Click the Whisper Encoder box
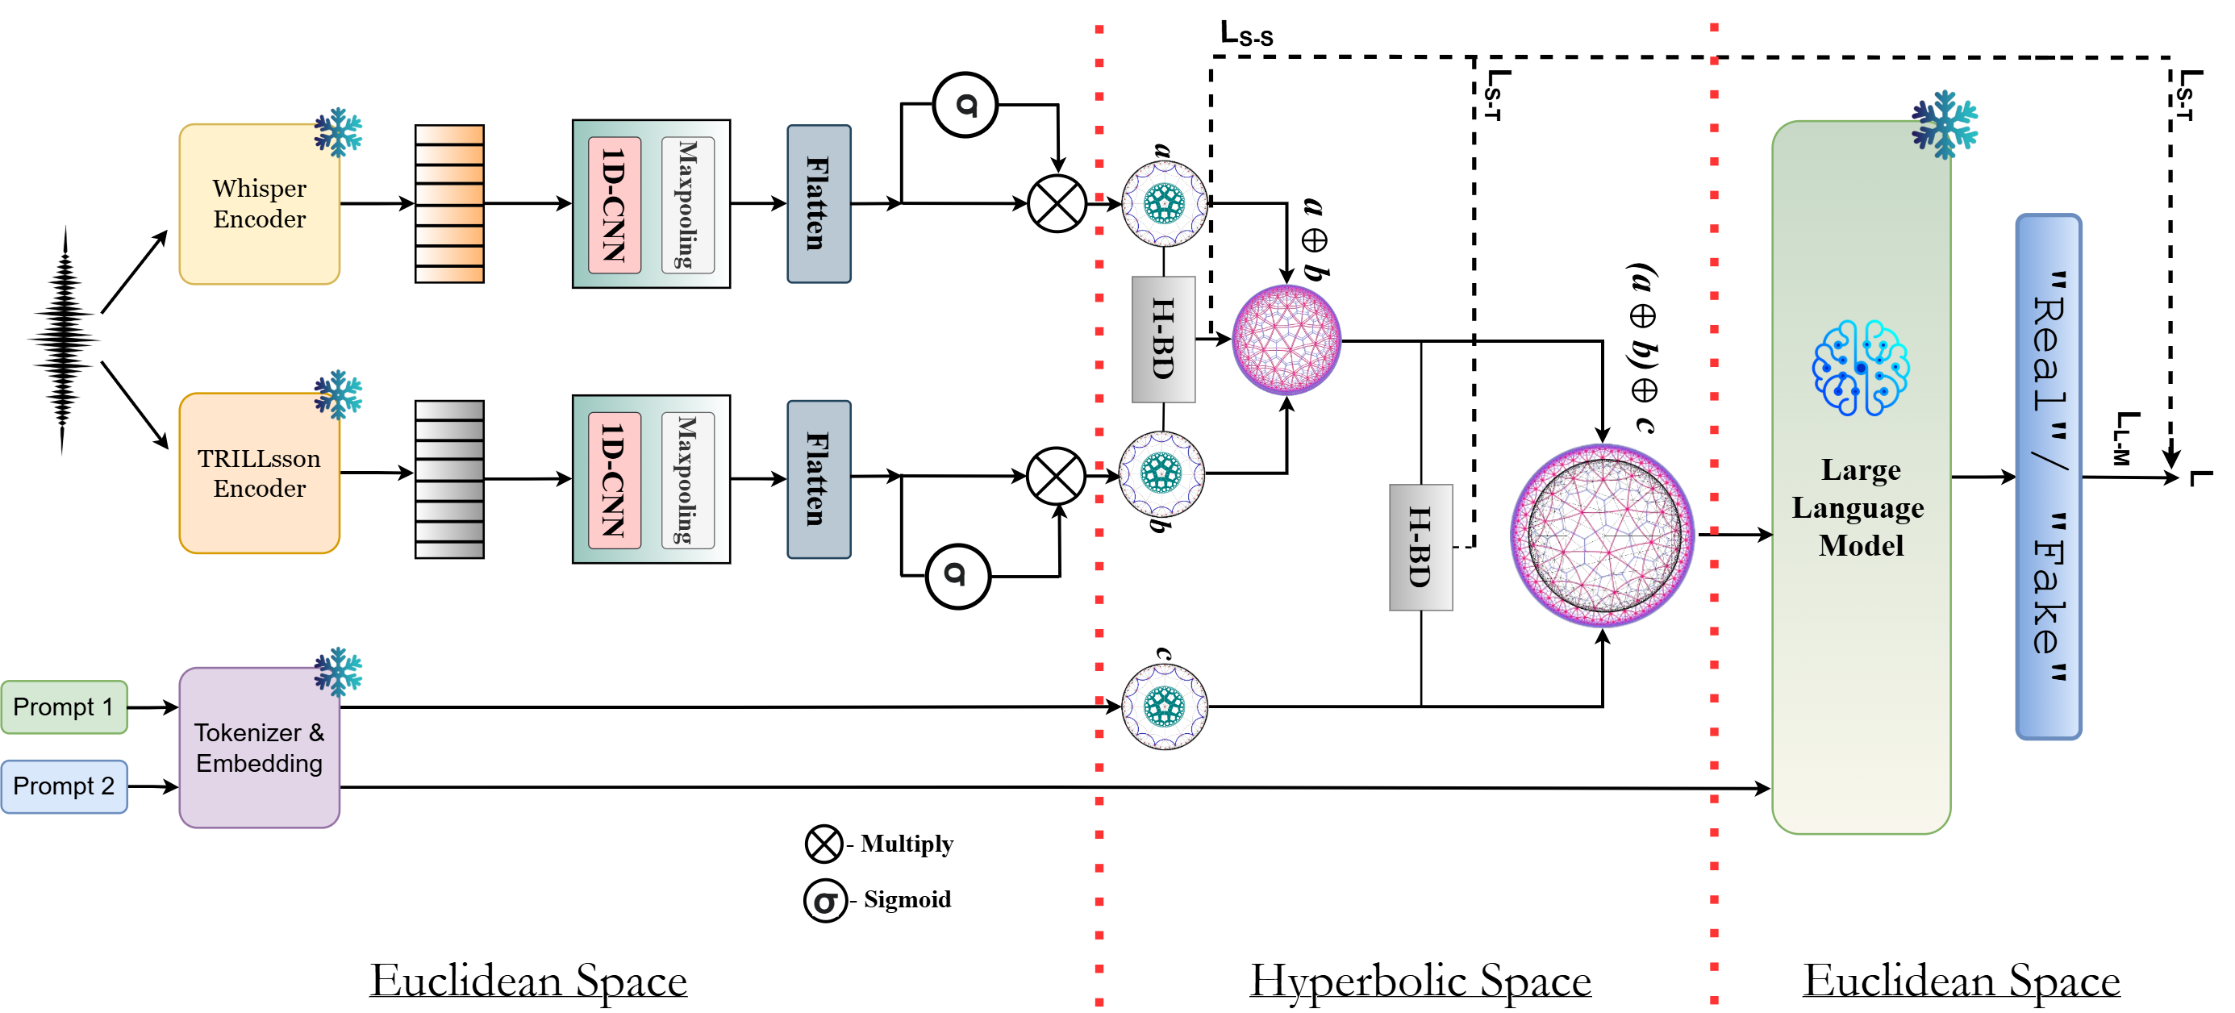coord(259,204)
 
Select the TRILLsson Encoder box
coord(259,473)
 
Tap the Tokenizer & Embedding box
coord(259,747)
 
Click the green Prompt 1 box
coord(64,707)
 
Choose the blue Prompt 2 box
coord(64,786)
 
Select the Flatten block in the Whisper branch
coord(818,204)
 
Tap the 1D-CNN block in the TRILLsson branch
coord(615,480)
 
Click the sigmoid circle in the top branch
coord(965,105)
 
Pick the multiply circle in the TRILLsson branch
coord(1056,475)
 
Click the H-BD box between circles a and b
coord(1162,339)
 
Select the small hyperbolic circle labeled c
coord(1165,706)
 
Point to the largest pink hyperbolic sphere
coord(1602,535)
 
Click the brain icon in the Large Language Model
coord(1860,368)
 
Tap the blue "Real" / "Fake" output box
coord(2048,477)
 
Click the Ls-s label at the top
coord(1246,35)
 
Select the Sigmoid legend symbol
coord(824,900)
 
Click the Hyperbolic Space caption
coord(1420,981)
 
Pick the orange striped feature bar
coord(448,204)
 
